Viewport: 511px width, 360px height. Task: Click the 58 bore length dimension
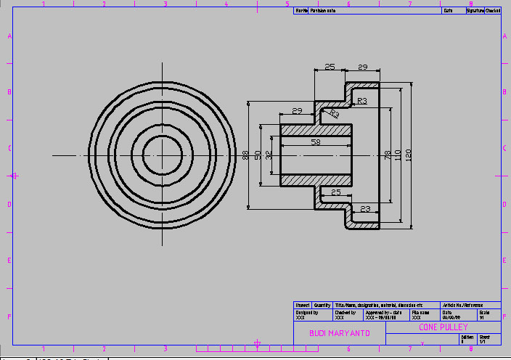pos(315,143)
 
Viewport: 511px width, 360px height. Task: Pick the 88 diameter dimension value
pos(246,155)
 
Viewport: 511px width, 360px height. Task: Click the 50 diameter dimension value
pos(258,155)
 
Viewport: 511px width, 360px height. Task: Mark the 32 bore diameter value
pos(269,155)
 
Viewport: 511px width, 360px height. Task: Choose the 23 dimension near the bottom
pos(365,209)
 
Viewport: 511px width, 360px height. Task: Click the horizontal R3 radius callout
pos(362,101)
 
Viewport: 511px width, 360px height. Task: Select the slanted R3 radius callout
pos(334,114)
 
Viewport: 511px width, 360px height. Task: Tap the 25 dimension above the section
pos(330,67)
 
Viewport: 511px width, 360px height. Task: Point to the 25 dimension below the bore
pos(335,192)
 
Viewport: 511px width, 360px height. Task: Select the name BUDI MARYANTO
pos(340,333)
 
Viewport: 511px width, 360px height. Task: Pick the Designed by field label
pos(306,313)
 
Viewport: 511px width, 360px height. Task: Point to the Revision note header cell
pos(323,11)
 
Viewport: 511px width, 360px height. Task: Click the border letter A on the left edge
pos(9,36)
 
